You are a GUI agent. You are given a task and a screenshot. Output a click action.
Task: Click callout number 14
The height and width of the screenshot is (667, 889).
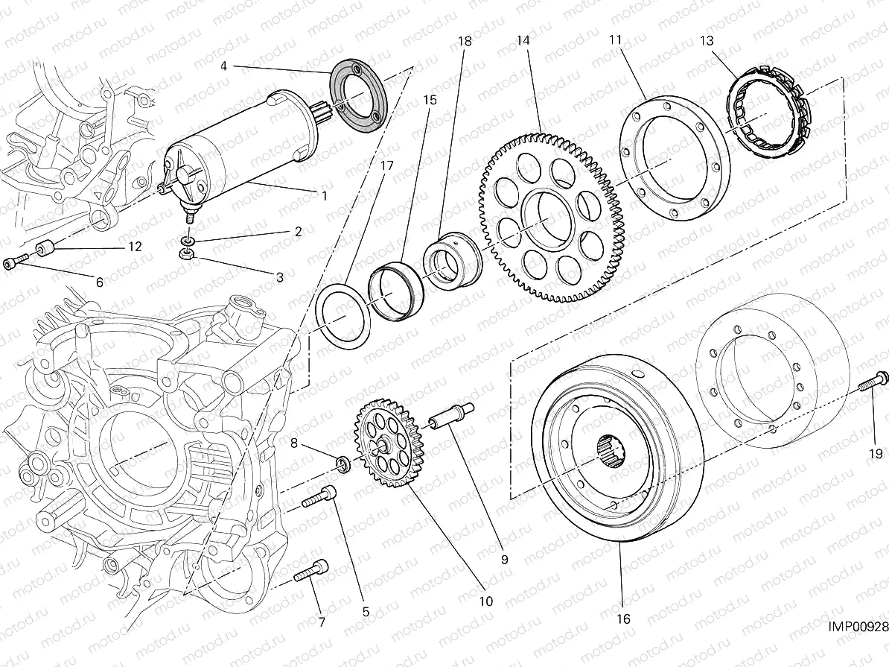pos(523,41)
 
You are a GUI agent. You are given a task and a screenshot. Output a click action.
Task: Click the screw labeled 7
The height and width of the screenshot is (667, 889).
pos(310,571)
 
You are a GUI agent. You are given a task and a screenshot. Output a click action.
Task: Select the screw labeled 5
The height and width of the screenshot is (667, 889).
pos(318,496)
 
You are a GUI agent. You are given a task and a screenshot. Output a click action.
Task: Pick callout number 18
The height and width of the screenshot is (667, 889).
pos(465,42)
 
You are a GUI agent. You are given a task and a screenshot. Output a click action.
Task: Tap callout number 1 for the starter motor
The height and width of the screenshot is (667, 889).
pos(324,196)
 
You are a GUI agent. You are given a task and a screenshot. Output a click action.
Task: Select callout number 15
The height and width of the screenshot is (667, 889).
pos(430,99)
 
